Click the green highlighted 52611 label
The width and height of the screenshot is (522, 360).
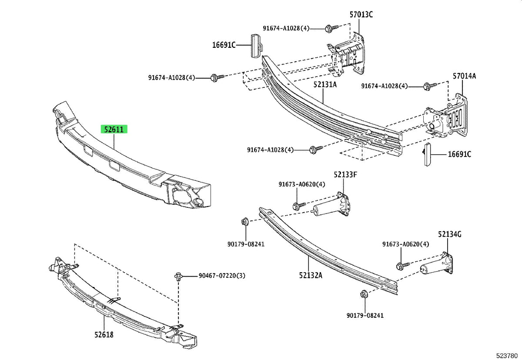click(114, 129)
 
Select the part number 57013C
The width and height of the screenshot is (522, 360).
click(361, 15)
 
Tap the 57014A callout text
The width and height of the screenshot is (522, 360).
click(464, 76)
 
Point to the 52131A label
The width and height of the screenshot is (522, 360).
click(325, 84)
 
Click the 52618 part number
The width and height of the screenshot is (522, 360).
click(104, 335)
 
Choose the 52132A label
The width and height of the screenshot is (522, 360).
click(311, 276)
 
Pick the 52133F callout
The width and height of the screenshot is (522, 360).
click(345, 174)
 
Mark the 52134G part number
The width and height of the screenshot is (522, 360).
click(449, 234)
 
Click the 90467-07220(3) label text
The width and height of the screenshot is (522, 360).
click(222, 276)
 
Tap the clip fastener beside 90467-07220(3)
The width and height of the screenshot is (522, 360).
click(178, 277)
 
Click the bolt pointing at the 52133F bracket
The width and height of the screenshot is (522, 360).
click(299, 206)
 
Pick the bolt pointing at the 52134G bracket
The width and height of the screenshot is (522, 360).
click(403, 266)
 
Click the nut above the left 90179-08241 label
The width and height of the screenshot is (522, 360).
click(245, 221)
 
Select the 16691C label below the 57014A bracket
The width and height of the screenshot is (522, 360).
click(459, 154)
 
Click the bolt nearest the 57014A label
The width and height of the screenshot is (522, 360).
click(430, 86)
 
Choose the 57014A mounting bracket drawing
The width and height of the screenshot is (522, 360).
click(445, 117)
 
